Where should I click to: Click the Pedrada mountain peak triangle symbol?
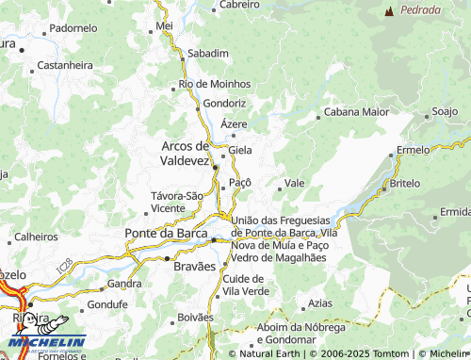pos(389,10)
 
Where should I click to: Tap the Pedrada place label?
pos(420,10)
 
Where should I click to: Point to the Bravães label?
pos(195,267)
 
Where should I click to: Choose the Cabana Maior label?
pos(356,111)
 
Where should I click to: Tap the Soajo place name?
pos(444,112)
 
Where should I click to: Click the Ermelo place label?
pos(414,150)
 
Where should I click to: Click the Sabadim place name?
pos(208,54)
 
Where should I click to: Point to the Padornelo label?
pos(73,28)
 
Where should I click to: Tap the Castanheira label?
pos(65,65)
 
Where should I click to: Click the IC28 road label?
pos(63,269)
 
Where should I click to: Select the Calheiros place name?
pos(37,237)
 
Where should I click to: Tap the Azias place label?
pos(320,303)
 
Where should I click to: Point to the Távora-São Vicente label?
pos(176,201)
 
